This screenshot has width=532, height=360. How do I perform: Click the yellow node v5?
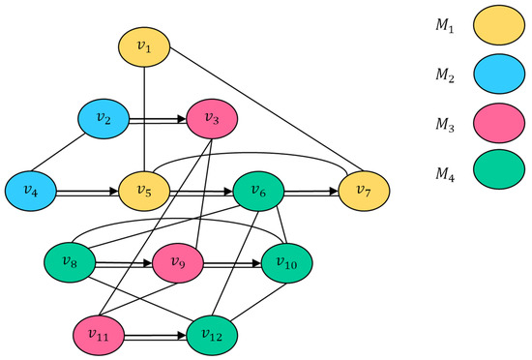click(145, 191)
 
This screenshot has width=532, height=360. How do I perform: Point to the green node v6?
click(259, 191)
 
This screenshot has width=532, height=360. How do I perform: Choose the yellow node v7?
click(366, 191)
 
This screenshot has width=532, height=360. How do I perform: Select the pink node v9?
click(178, 262)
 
